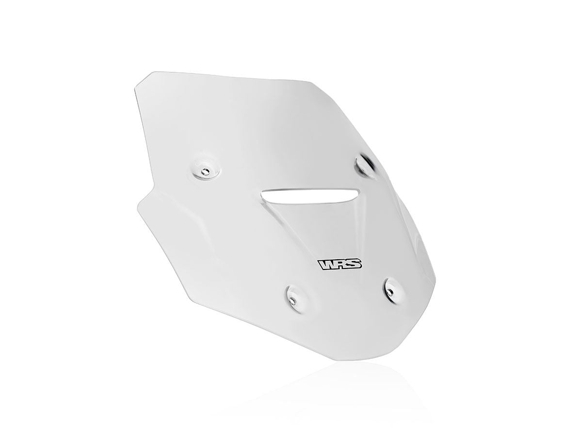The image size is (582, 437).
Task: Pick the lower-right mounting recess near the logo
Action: point(392,288)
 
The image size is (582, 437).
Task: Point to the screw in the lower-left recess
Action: point(292,300)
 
